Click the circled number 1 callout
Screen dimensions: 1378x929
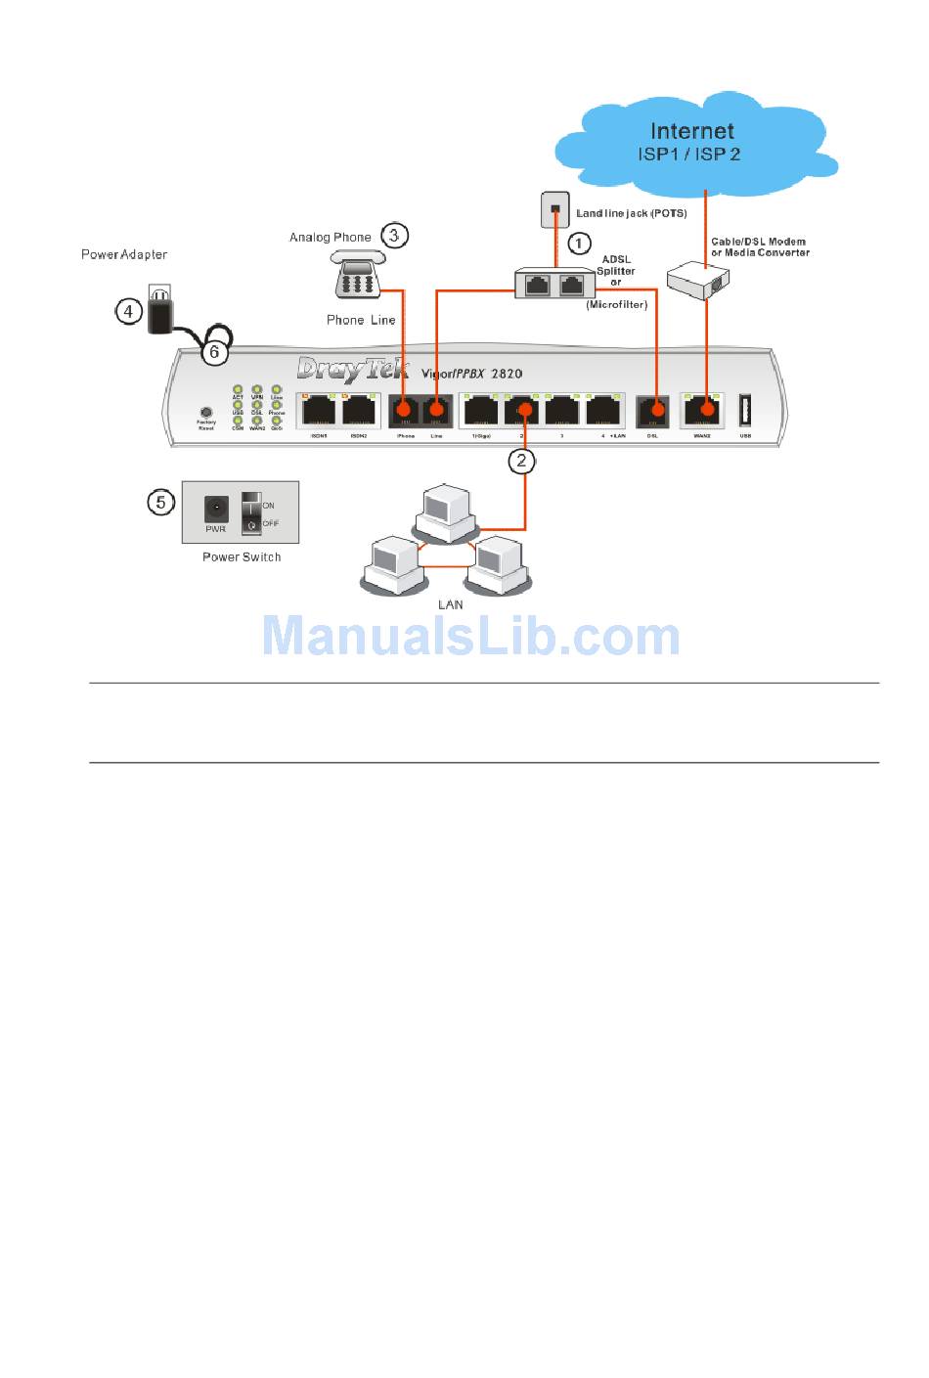[x=580, y=243]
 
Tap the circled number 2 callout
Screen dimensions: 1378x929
[x=522, y=460]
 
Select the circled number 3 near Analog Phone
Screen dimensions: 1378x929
[x=394, y=235]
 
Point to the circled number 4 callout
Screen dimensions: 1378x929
[x=129, y=311]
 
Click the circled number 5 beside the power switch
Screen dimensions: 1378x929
[x=161, y=503]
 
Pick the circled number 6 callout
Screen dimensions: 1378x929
[x=215, y=352]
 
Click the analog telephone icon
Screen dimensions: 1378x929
[x=357, y=275]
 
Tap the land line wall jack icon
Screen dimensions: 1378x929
[x=555, y=209]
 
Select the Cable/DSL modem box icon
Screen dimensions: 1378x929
[x=698, y=281]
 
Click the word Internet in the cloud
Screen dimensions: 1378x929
[x=692, y=131]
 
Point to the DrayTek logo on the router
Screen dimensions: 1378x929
[x=352, y=369]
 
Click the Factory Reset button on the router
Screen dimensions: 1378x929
[x=206, y=414]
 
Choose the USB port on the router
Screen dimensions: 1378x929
[x=745, y=410]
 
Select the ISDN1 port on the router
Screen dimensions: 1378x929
[x=319, y=410]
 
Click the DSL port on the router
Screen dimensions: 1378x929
[x=653, y=411]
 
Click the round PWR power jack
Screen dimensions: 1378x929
[x=216, y=509]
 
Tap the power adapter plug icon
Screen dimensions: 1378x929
[x=159, y=310]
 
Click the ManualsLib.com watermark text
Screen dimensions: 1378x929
[x=471, y=637]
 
